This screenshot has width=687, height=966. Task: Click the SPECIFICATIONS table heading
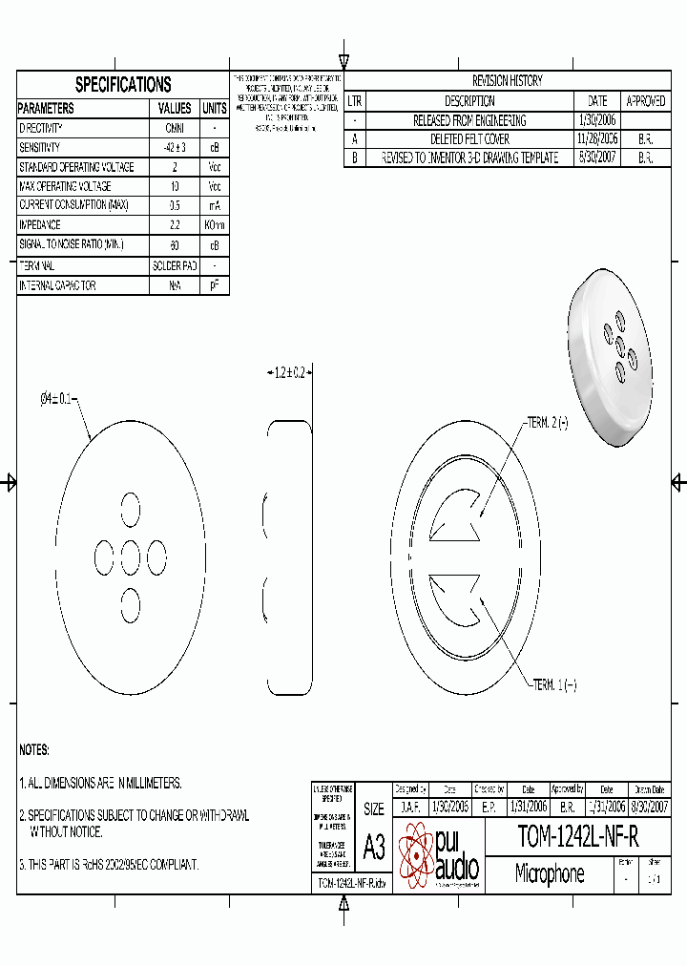click(123, 84)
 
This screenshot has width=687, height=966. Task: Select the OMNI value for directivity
click(175, 128)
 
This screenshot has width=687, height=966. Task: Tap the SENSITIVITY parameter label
click(40, 148)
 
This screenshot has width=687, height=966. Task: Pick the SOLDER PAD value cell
click(175, 265)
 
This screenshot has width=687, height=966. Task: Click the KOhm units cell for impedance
click(215, 225)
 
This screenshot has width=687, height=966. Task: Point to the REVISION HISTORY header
click(508, 81)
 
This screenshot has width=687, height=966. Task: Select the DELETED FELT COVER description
click(468, 139)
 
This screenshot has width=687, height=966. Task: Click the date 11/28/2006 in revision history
click(597, 139)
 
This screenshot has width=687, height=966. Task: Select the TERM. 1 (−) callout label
click(554, 685)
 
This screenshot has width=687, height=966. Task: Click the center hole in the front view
click(130, 556)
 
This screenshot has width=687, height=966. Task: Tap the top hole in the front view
click(130, 508)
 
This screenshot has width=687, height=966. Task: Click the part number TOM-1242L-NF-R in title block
click(577, 837)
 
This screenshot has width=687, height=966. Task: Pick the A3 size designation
click(374, 846)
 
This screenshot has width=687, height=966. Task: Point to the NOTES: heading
click(34, 750)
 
